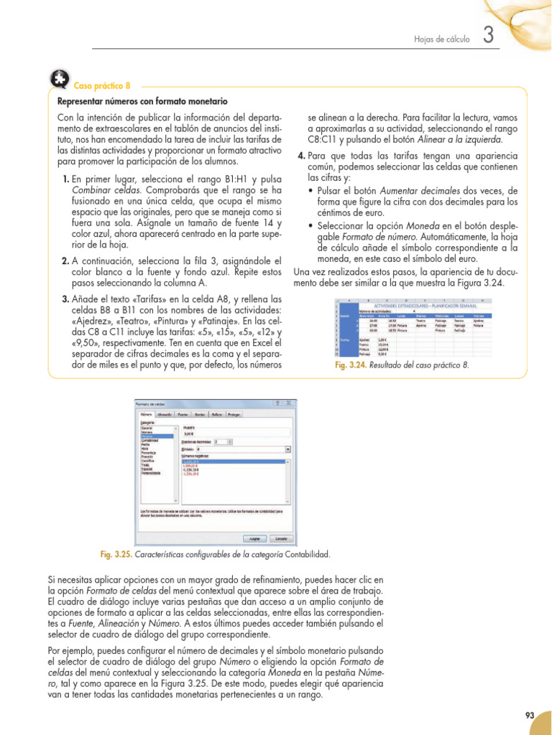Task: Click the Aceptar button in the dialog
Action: click(x=254, y=538)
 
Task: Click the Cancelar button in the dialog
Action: click(x=281, y=538)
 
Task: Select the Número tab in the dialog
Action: click(x=145, y=415)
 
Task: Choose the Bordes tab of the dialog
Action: click(x=200, y=415)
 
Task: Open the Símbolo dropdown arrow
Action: click(x=288, y=450)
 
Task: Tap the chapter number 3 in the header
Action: click(x=488, y=35)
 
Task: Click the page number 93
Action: click(x=530, y=715)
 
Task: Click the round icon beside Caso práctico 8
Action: click(x=60, y=80)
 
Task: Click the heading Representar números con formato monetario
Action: click(x=142, y=102)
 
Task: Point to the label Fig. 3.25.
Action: click(x=115, y=555)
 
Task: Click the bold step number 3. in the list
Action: click(x=65, y=299)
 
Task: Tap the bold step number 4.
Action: click(x=301, y=156)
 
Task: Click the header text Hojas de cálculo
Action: click(x=441, y=39)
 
